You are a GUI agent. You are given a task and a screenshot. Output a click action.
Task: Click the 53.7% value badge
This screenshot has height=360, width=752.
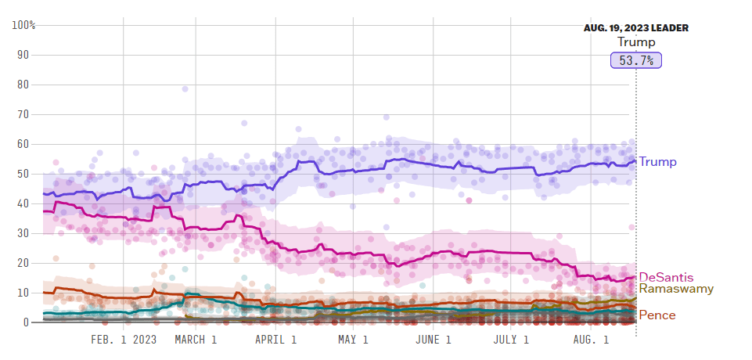tap(635, 59)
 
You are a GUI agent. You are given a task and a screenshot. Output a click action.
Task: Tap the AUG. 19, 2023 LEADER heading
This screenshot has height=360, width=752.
tap(635, 28)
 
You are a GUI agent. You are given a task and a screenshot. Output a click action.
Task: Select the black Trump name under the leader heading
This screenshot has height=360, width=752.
tap(635, 42)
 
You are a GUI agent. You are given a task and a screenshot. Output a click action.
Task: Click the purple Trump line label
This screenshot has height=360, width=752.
tap(657, 162)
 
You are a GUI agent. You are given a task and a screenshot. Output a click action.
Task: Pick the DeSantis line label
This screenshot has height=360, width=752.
tap(666, 277)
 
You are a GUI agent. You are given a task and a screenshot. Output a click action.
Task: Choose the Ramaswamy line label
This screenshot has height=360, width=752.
tap(675, 289)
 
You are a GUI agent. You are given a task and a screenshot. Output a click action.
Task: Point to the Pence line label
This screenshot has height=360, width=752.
tap(657, 315)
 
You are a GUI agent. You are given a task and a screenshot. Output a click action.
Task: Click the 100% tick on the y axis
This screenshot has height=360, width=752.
tap(23, 25)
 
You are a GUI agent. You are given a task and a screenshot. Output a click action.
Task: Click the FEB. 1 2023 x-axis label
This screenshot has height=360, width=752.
tap(124, 340)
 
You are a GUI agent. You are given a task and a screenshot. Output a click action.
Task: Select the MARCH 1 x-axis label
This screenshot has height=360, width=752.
tap(196, 340)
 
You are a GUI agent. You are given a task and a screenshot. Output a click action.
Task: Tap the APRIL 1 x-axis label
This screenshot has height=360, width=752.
tap(276, 340)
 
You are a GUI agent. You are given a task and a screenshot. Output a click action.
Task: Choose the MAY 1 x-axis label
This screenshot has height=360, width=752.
tap(353, 340)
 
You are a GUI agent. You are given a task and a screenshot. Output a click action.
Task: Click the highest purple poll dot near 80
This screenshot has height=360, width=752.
tap(185, 89)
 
